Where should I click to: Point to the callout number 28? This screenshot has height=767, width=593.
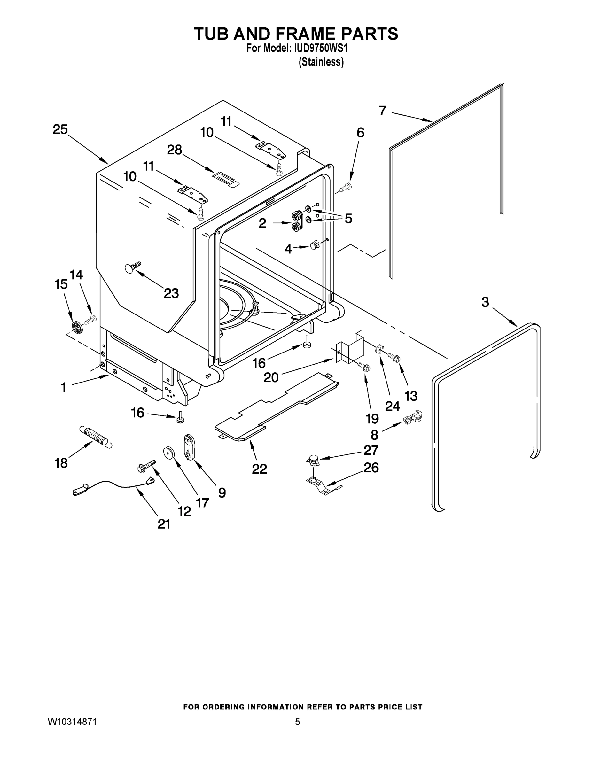tap(174, 150)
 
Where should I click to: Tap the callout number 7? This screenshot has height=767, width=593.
tap(383, 111)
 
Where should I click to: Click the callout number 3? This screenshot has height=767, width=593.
tap(485, 302)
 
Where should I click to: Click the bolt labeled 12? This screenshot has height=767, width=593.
tap(148, 466)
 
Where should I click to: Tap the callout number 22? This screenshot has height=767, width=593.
tap(259, 469)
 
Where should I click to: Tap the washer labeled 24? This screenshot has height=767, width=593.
tap(379, 349)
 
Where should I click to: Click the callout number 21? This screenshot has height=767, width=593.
tap(164, 524)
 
